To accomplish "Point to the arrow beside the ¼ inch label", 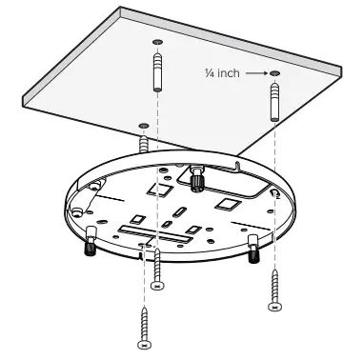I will coord(253,72).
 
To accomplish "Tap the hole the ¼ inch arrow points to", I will coord(274,73).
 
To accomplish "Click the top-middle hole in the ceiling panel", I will coord(156,43).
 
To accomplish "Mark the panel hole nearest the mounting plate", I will coord(143,124).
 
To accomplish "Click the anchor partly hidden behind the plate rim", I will coord(144,144).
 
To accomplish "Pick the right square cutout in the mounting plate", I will coord(225,203).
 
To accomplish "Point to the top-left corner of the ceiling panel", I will coord(119,10).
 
